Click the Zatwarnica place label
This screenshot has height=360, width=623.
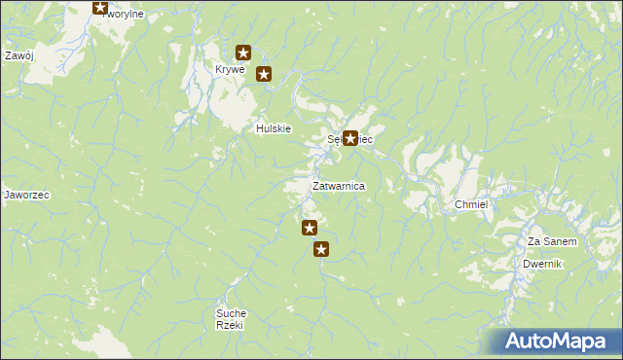pyautogui.click(x=338, y=186)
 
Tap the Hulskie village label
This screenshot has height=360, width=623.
pyautogui.click(x=274, y=128)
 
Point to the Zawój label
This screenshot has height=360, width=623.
pyautogui.click(x=19, y=55)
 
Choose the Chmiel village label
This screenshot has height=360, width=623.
pyautogui.click(x=470, y=205)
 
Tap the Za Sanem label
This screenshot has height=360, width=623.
pyautogui.click(x=552, y=241)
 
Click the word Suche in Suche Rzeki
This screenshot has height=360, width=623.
pyautogui.click(x=231, y=313)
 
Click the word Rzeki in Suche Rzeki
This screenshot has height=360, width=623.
pyautogui.click(x=231, y=326)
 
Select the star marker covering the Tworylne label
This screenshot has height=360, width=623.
pyautogui.click(x=99, y=8)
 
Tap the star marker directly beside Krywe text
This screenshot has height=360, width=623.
pyautogui.click(x=244, y=54)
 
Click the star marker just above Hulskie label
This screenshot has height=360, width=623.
pyautogui.click(x=263, y=73)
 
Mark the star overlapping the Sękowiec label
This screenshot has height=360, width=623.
pyautogui.click(x=350, y=139)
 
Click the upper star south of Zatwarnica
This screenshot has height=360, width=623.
pyautogui.click(x=310, y=229)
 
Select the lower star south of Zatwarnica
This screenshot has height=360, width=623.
pyautogui.click(x=321, y=250)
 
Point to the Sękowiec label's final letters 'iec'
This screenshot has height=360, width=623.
pyautogui.click(x=366, y=140)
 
